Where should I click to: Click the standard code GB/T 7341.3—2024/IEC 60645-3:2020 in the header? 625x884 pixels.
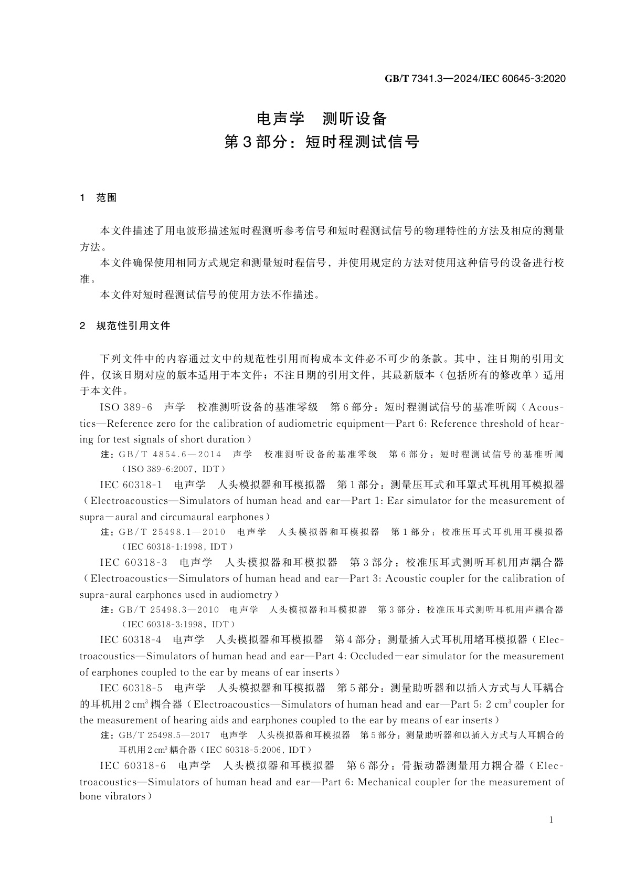pyautogui.click(x=475, y=79)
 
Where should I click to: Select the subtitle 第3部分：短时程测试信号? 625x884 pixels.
pyautogui.click(x=322, y=142)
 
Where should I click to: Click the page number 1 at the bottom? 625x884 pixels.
pyautogui.click(x=550, y=820)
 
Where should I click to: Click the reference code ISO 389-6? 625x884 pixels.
pyautogui.click(x=126, y=407)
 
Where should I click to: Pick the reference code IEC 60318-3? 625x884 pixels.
pyautogui.click(x=133, y=563)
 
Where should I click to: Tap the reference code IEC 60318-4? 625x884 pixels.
pyautogui.click(x=131, y=640)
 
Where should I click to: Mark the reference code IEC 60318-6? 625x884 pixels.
pyautogui.click(x=133, y=766)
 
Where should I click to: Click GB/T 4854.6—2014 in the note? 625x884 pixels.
pyautogui.click(x=170, y=455)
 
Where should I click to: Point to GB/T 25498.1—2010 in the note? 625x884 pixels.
pyautogui.click(x=172, y=532)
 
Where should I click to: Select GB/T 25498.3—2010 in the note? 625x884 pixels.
pyautogui.click(x=169, y=610)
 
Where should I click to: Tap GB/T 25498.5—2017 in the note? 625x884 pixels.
pyautogui.click(x=165, y=735)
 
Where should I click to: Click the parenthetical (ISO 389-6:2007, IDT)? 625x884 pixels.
pyautogui.click(x=173, y=469)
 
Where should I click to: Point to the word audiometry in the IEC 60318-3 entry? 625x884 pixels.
pyautogui.click(x=247, y=595)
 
